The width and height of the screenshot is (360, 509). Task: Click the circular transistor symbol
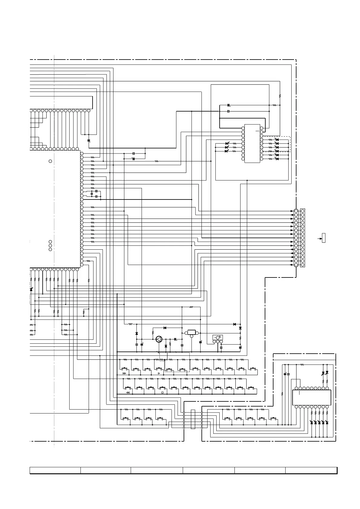point(159,339)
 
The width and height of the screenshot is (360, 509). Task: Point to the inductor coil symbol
point(130,324)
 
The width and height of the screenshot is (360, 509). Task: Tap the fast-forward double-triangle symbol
point(124,374)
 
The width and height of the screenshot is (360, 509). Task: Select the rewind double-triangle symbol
point(128,393)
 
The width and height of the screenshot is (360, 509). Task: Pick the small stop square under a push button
point(162,393)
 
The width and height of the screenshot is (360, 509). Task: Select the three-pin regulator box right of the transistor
point(191,333)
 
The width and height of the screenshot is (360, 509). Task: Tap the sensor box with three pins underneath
point(218,337)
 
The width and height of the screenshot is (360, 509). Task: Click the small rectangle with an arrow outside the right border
point(323,238)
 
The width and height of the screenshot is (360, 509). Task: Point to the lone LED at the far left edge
point(31,289)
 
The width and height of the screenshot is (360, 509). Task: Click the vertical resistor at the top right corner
point(280,96)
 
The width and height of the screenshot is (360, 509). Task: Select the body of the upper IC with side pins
point(252,143)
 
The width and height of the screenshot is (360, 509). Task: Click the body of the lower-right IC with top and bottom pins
point(312,397)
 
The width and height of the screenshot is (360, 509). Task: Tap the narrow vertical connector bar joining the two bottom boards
point(193,419)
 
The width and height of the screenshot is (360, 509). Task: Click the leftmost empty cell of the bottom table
point(55,470)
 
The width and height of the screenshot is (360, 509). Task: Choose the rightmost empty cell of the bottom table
point(311,470)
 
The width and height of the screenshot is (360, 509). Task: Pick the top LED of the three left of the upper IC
point(227,143)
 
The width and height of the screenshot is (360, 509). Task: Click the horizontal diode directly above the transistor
point(165,328)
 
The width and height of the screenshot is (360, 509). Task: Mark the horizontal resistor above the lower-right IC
point(302,365)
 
